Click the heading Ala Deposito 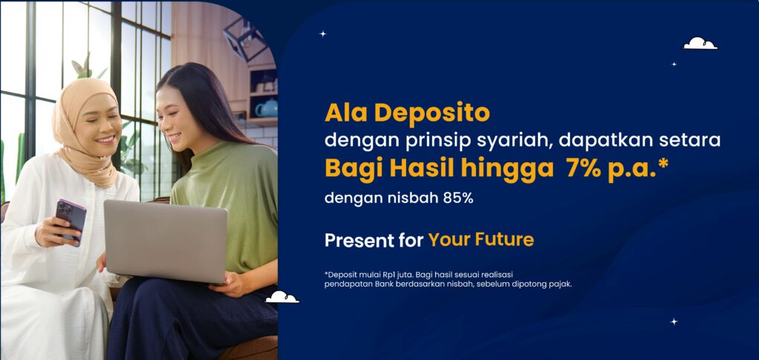coord(407,113)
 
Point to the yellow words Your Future coord(480,240)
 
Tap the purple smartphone coord(71,219)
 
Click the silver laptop coord(165,240)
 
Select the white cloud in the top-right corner coord(700,44)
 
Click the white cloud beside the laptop coord(282,297)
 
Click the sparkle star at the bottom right coord(674,321)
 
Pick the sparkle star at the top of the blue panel coord(322,33)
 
